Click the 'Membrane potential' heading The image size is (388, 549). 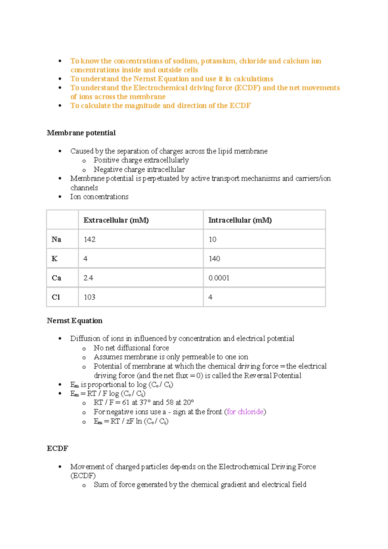81,133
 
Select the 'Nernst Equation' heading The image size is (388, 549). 75,321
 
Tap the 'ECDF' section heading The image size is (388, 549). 58,448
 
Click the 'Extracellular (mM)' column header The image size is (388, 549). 116,220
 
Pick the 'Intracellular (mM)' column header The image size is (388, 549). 240,220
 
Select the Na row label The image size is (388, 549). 56,239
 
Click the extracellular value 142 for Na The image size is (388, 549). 90,239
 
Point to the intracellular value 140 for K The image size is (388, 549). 214,259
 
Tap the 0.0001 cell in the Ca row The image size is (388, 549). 219,278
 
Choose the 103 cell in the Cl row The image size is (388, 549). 90,297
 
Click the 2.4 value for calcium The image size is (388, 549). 88,278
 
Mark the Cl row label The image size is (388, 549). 56,297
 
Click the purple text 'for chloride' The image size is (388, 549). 245,412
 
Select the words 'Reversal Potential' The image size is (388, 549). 273,376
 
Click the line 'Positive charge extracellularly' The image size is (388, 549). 141,160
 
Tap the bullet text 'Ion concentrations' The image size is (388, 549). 99,197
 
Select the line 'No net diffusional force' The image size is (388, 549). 131,348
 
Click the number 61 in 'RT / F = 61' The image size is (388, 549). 126,403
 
